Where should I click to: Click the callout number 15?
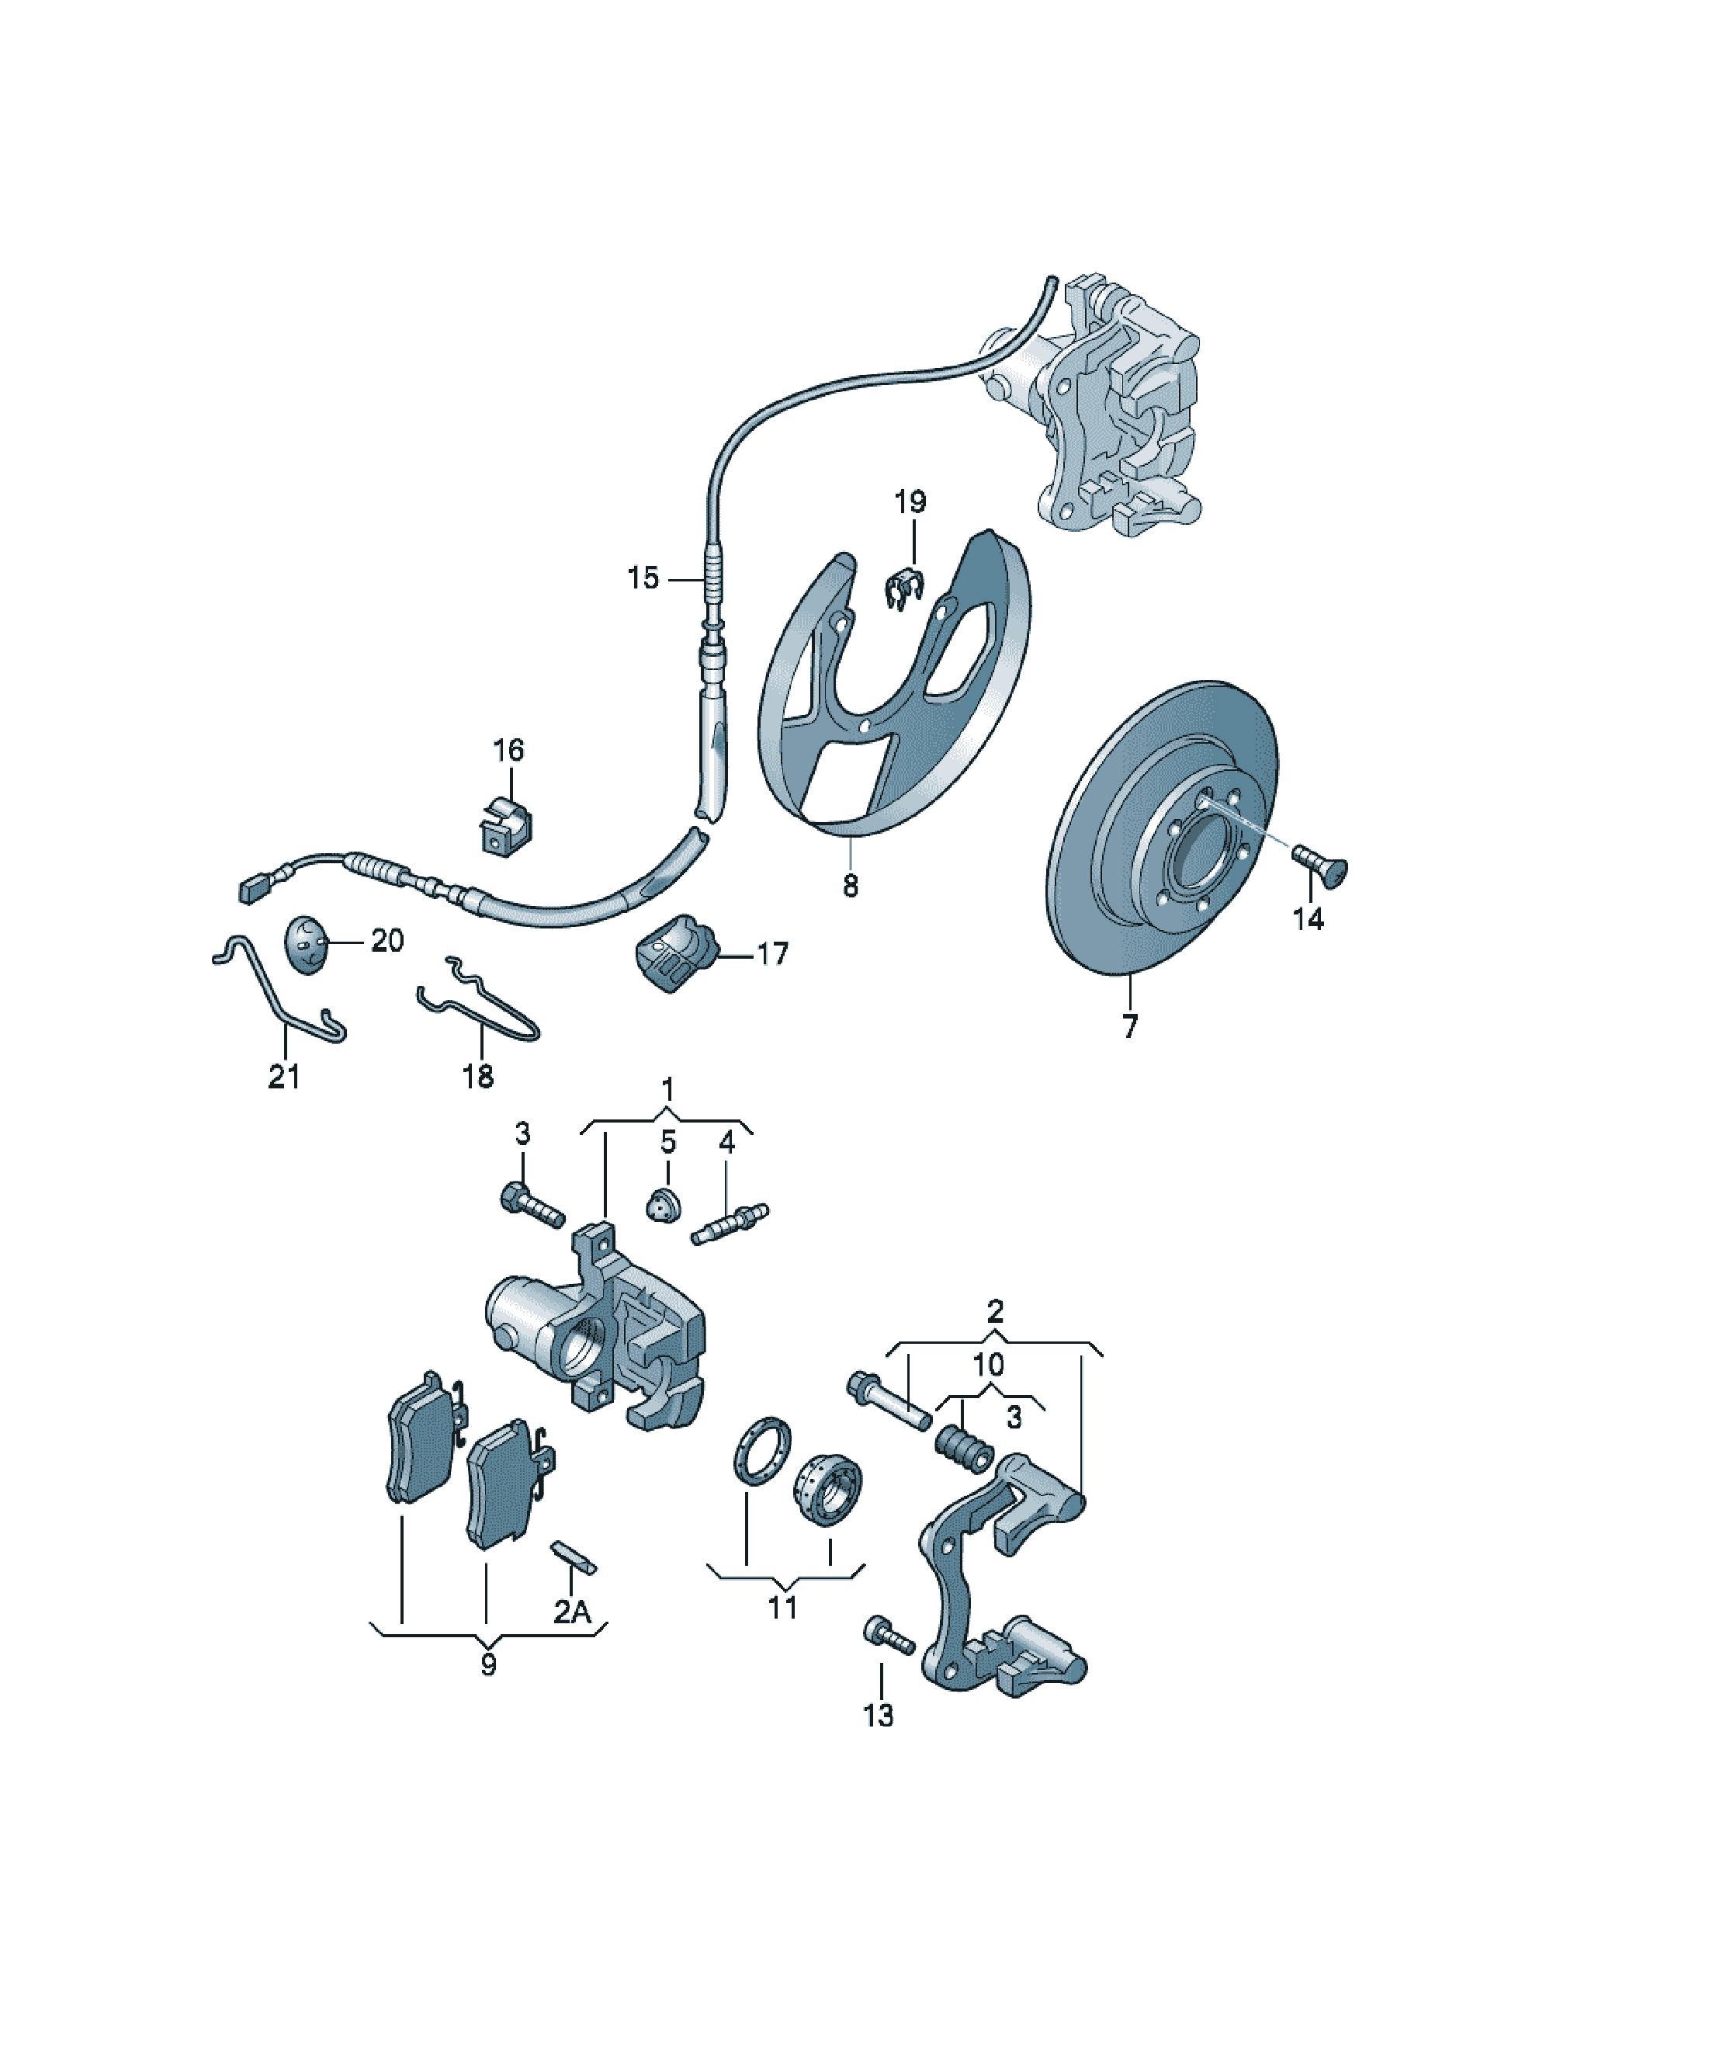[643, 578]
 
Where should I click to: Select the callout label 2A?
[574, 1611]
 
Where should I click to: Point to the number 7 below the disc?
[1130, 1027]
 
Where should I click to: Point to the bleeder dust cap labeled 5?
[664, 1206]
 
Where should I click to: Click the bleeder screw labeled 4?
[730, 1225]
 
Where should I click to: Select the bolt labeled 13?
[888, 1636]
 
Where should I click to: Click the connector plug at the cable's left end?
[255, 889]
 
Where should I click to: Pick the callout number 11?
[782, 1609]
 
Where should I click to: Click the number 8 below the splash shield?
[850, 886]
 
